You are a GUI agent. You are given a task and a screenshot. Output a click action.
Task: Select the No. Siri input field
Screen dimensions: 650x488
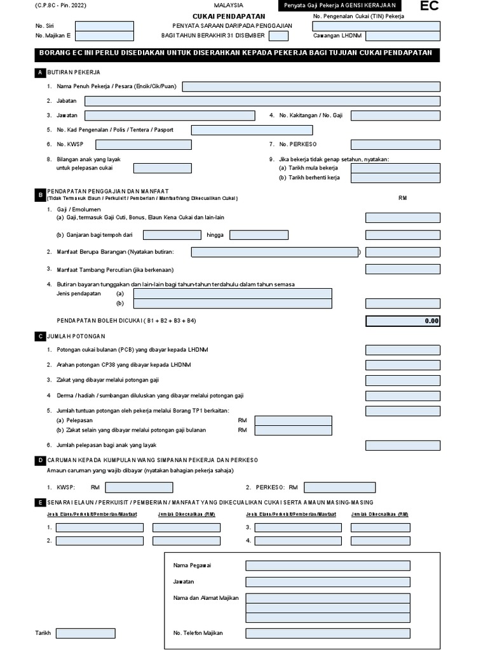[x=104, y=26]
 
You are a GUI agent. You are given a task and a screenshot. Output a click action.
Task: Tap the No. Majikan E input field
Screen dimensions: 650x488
[x=104, y=36]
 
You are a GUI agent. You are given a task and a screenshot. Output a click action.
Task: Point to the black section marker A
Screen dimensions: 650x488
[x=41, y=73]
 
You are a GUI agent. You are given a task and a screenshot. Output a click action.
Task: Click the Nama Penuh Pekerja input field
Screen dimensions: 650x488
[x=311, y=86]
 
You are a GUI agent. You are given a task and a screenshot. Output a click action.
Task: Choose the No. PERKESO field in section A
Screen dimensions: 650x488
[x=395, y=145]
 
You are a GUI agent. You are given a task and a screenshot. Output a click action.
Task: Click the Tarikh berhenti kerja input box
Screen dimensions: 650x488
[x=395, y=178]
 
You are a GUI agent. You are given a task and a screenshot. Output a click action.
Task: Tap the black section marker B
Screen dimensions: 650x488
[x=41, y=194]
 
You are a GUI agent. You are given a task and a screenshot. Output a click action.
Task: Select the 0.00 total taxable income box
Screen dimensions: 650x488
[x=403, y=321]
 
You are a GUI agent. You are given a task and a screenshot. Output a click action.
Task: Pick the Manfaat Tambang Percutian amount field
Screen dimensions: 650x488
[x=402, y=269]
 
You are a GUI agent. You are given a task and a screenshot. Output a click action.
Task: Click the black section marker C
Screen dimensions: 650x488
[x=41, y=336]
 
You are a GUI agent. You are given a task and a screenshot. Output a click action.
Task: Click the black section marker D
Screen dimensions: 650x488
[x=41, y=460]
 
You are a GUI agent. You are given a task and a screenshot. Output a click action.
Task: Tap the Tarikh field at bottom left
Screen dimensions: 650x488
[x=85, y=633]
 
